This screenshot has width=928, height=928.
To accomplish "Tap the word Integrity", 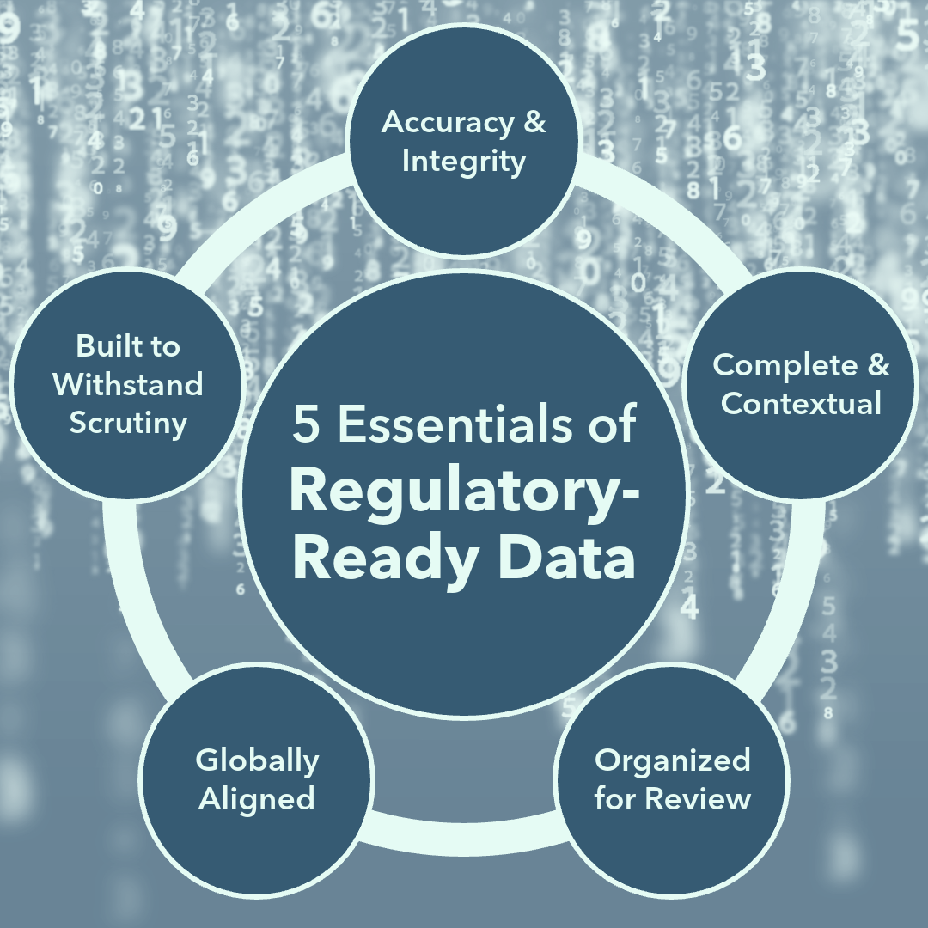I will (463, 162).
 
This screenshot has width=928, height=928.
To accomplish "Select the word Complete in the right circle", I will (778, 365).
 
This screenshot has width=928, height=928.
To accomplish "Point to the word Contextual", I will (801, 403).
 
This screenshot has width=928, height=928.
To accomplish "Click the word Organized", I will (672, 760).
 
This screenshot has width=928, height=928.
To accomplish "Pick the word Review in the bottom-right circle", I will (698, 799).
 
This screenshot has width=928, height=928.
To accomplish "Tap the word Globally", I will (257, 760).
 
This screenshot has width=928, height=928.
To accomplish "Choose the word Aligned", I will (257, 799).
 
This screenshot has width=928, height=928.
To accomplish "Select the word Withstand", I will (128, 384).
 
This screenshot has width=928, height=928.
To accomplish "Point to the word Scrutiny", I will (128, 423).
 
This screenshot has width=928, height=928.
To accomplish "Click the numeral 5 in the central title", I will (304, 425).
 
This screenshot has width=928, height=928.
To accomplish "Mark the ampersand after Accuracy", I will (534, 122).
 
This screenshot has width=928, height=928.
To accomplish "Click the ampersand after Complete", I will (877, 365).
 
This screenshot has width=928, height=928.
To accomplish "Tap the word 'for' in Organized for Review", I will (615, 799).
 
